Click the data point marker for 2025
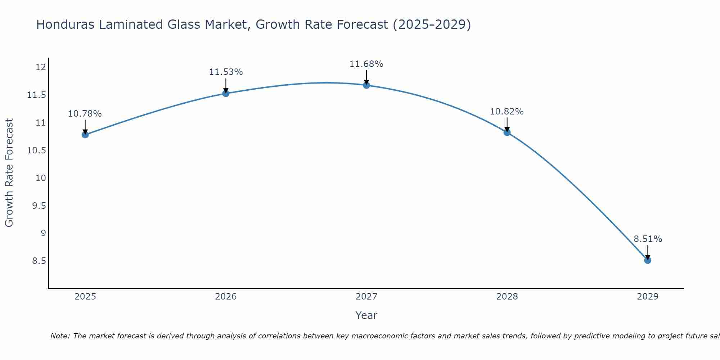(x=85, y=135)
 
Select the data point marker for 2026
(x=226, y=93)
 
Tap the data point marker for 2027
(x=366, y=85)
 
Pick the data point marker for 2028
(x=507, y=132)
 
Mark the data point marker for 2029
(x=647, y=260)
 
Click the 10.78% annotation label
(x=85, y=114)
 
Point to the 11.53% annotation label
(x=226, y=72)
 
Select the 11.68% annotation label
(x=366, y=64)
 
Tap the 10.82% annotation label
(x=507, y=112)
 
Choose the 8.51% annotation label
(x=648, y=239)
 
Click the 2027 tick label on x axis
(x=366, y=297)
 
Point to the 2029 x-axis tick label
(x=647, y=297)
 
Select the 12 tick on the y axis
(x=41, y=67)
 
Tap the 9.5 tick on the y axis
(x=39, y=206)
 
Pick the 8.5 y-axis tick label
(x=39, y=261)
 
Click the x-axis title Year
(x=366, y=315)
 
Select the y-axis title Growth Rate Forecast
(x=9, y=173)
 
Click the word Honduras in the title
(x=66, y=24)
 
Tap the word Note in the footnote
(x=60, y=336)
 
